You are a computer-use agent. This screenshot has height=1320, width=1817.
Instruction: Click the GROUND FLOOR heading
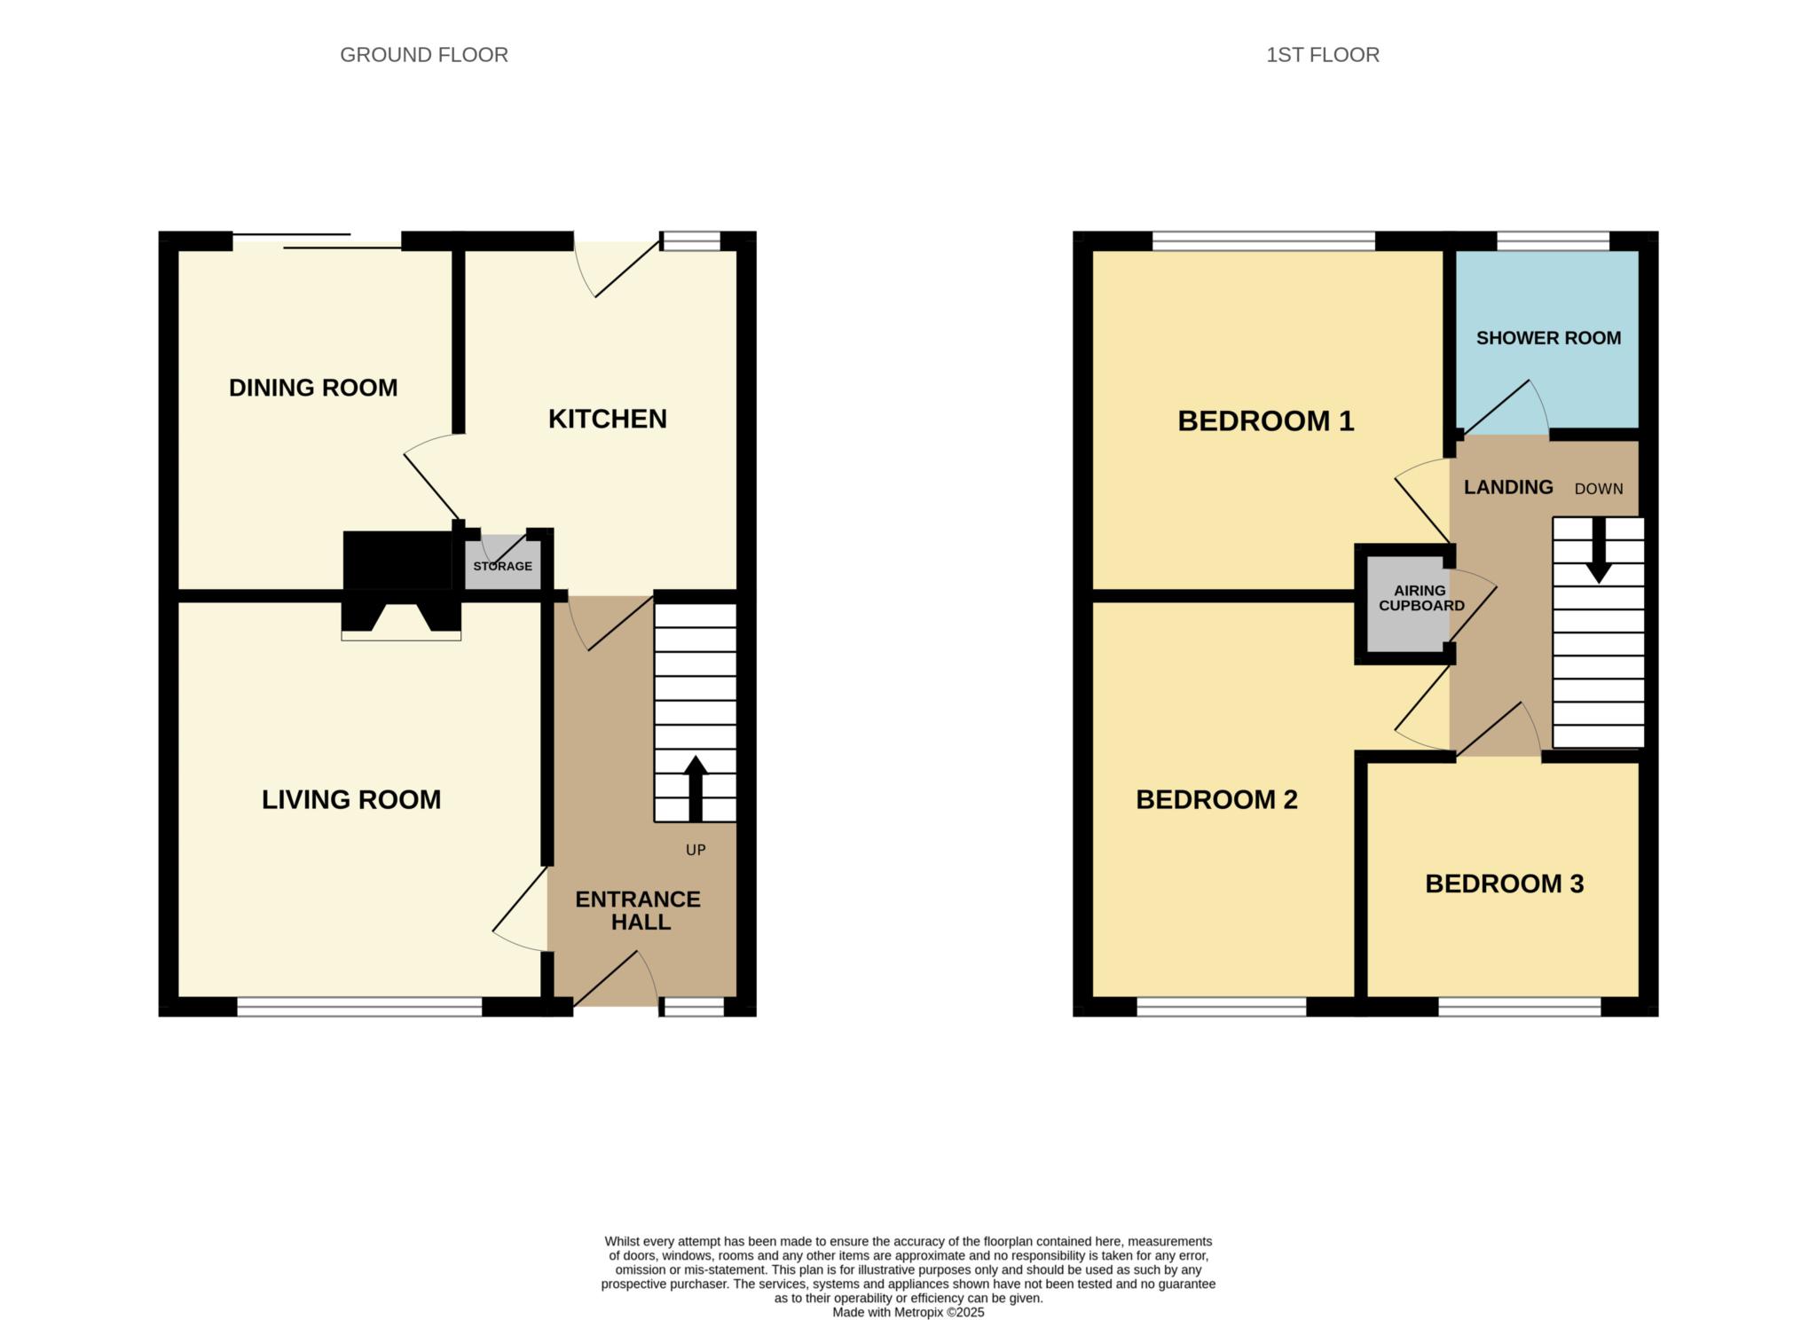(424, 55)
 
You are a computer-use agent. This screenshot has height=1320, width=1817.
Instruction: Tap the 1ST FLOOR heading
(1322, 55)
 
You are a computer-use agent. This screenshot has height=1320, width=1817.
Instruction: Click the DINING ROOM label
(313, 388)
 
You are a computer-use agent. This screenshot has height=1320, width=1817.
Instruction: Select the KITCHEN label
(608, 419)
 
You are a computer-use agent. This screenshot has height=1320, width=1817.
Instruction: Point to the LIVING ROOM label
(351, 799)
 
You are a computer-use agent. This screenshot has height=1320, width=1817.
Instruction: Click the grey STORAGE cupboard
(503, 562)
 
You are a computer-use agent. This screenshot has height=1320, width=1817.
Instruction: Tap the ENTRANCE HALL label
(639, 910)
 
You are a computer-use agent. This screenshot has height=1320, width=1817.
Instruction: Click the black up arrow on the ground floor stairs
(696, 789)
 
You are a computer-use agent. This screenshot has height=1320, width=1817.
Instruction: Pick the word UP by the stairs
(696, 850)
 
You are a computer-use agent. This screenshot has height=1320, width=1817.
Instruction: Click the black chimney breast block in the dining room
(397, 560)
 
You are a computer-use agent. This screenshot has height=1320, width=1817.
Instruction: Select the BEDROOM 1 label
(1266, 420)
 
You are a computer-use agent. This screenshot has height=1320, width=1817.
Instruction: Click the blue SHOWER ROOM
(1547, 340)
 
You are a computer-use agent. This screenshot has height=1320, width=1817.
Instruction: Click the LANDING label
(1508, 487)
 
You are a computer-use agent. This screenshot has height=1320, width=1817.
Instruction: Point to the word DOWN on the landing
(1599, 489)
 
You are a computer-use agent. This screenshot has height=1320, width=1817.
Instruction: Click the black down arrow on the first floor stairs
(1599, 551)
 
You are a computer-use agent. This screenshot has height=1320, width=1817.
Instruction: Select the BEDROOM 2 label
(1216, 800)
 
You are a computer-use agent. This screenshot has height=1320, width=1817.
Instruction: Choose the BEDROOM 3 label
(1505, 884)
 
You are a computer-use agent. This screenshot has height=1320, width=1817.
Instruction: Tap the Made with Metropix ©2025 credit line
(908, 1312)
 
